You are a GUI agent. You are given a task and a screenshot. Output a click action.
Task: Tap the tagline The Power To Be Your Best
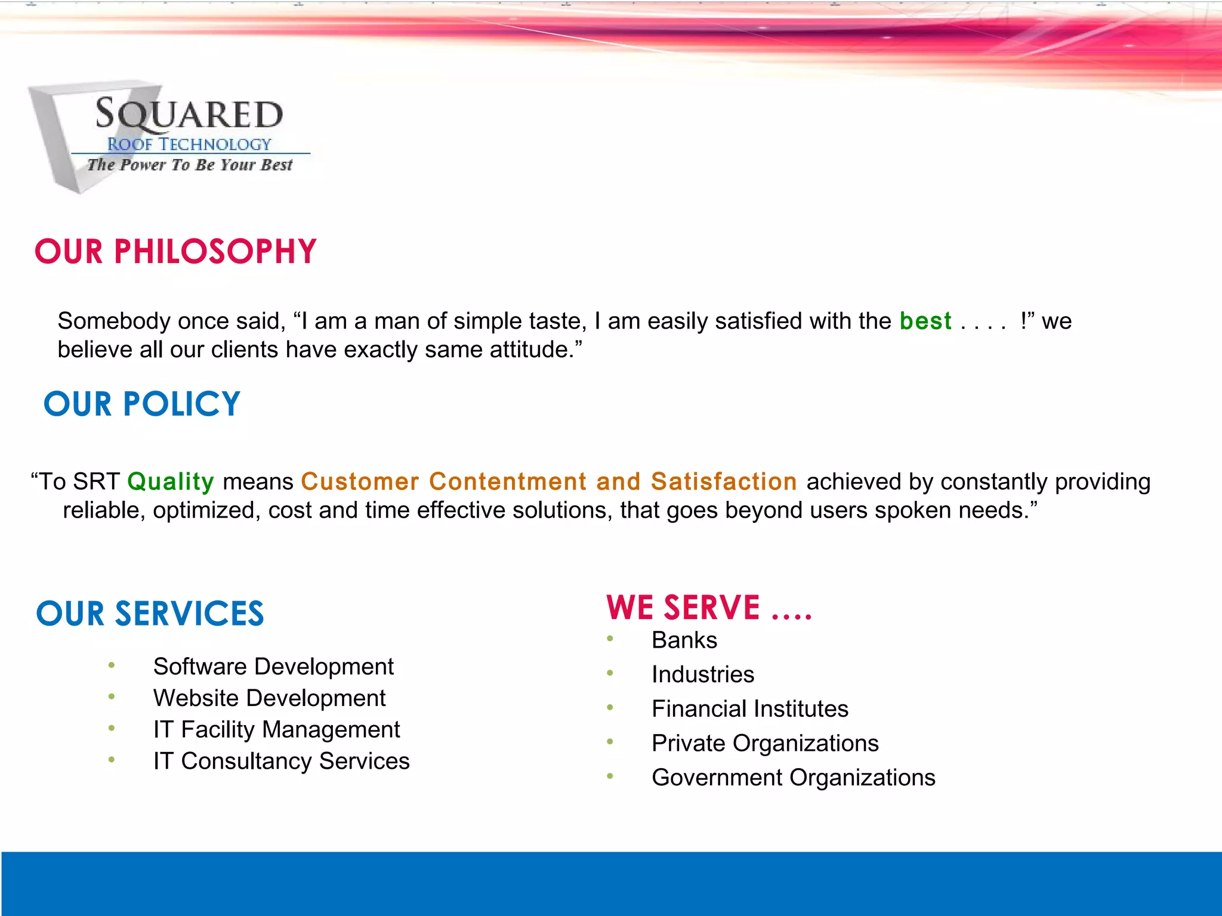pos(190,165)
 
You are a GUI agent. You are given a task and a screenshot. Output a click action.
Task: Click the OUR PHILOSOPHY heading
pos(175,251)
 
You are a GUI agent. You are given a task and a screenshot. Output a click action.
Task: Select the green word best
pos(925,321)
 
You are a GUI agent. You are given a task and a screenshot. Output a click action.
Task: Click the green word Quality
pos(171,481)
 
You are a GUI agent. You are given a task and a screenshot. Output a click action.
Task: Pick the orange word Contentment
pos(508,481)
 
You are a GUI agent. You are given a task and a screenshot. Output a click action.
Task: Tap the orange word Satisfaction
pos(724,481)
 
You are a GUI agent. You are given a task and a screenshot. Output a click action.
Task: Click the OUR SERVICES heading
pos(150,614)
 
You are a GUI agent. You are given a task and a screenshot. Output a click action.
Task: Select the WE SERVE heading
pos(709,608)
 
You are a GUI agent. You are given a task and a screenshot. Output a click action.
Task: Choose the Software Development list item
pos(273,666)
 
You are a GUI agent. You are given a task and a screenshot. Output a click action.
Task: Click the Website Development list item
pos(269,698)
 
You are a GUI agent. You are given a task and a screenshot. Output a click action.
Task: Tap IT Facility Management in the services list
pos(276,729)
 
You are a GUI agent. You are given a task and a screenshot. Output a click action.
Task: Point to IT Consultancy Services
pos(281,761)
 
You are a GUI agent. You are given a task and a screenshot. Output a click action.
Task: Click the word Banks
pos(684,640)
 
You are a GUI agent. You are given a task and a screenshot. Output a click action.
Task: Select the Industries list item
pos(703,674)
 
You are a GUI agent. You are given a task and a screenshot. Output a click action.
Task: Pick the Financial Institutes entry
pos(750,708)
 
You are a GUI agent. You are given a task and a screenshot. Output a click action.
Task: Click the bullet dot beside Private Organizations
pos(610,742)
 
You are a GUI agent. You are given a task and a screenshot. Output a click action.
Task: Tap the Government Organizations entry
pos(794,778)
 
